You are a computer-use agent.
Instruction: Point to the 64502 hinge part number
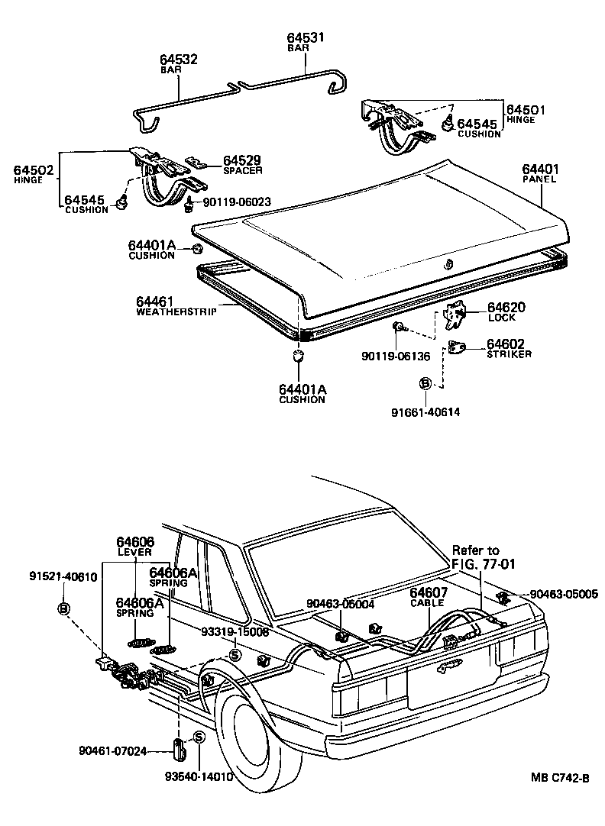(x=34, y=170)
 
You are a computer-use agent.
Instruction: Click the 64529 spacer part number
(x=243, y=160)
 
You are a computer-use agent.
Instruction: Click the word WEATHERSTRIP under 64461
(x=176, y=311)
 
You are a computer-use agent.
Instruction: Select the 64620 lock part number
(x=506, y=307)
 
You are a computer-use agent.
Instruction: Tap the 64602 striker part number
(x=506, y=344)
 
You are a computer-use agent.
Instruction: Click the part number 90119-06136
(x=396, y=357)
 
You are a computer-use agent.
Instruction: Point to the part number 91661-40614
(x=425, y=413)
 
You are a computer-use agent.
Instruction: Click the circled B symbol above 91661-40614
(x=425, y=383)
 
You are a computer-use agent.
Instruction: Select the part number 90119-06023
(x=237, y=202)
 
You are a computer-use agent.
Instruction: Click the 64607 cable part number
(x=428, y=592)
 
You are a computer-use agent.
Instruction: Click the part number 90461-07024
(x=112, y=750)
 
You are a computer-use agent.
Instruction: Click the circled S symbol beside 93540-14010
(x=199, y=737)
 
